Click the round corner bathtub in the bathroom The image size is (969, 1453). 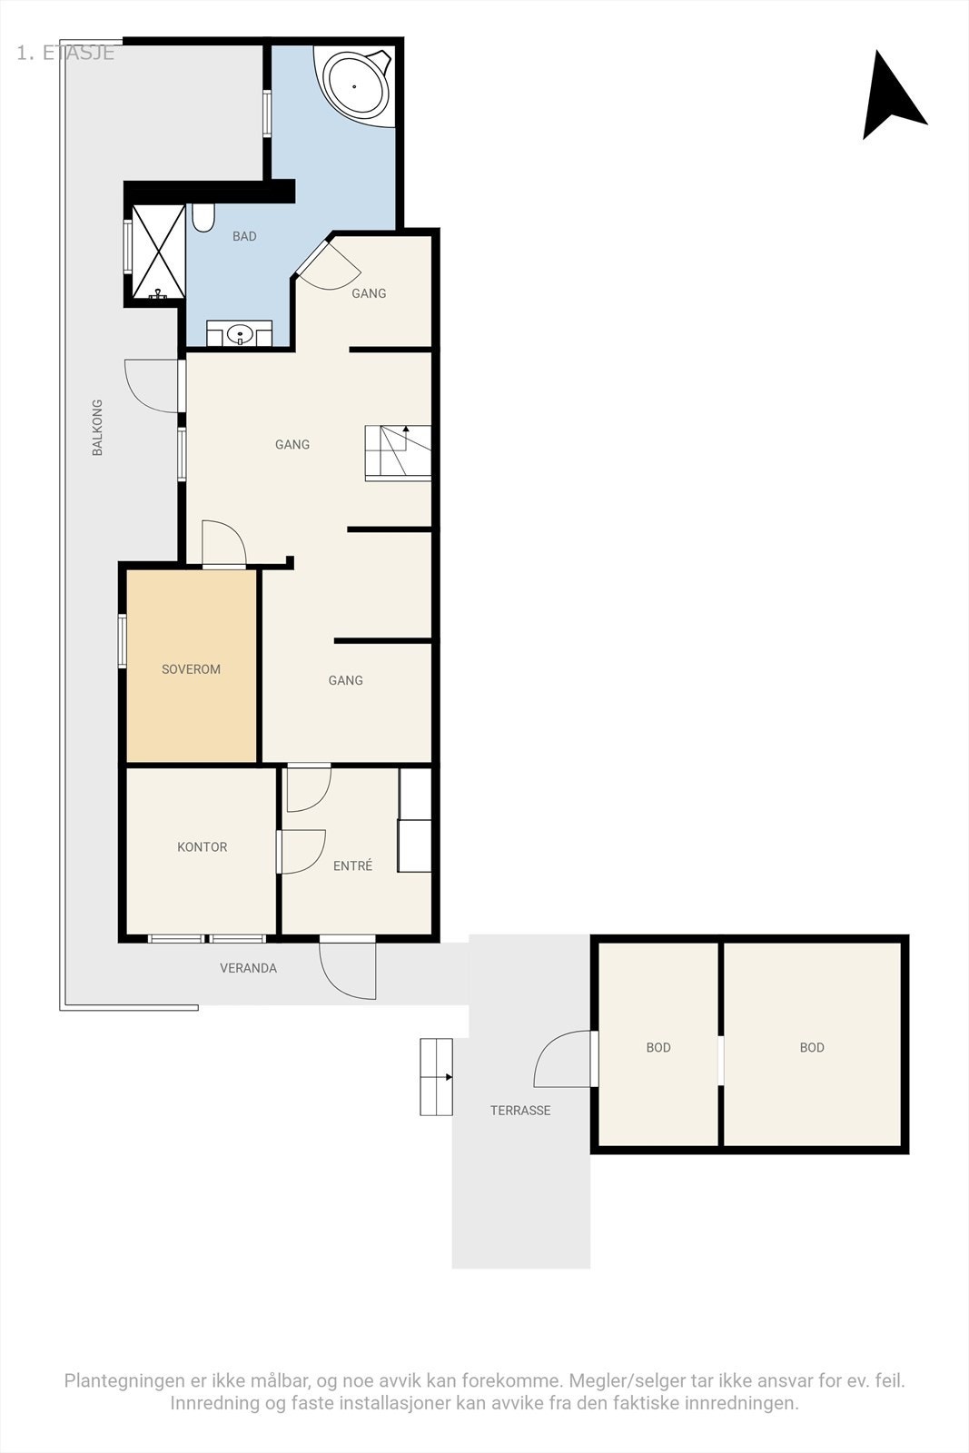point(357,84)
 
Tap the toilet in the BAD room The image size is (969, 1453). point(203,218)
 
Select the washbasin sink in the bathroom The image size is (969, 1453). point(240,335)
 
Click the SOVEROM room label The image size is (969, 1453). point(191,668)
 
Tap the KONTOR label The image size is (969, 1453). point(202,846)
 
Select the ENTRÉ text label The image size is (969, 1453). point(353,865)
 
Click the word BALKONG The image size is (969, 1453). point(97,428)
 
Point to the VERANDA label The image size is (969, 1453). point(249,968)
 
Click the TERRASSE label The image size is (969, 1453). point(520,1110)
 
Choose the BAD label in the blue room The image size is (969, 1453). point(244,236)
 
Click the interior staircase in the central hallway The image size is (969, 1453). point(399,453)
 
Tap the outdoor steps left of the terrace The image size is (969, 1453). point(436,1077)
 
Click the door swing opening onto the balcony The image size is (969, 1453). point(152,386)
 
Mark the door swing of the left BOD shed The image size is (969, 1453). point(562,1059)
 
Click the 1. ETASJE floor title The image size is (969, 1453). point(65,54)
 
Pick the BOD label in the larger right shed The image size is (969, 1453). point(812,1047)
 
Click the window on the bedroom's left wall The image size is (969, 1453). point(122,641)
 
